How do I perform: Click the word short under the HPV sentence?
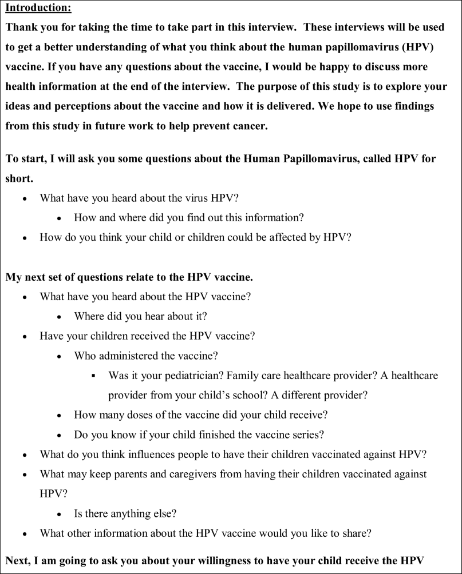18,178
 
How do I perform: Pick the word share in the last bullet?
357,533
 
